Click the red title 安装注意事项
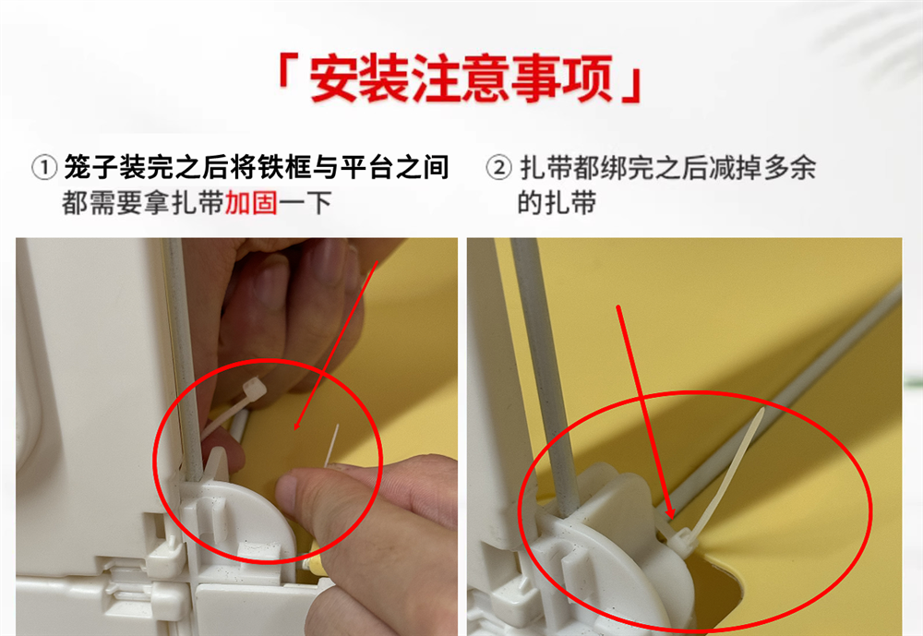coord(461,78)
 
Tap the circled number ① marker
coord(44,168)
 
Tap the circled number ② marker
coord(498,168)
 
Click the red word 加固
coord(251,203)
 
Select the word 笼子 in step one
coord(91,167)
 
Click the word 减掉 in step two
coord(736,168)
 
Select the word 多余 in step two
coord(789,168)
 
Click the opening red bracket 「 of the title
coord(288,72)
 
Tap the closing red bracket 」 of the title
coord(631,86)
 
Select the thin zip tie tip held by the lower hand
coord(332,445)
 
